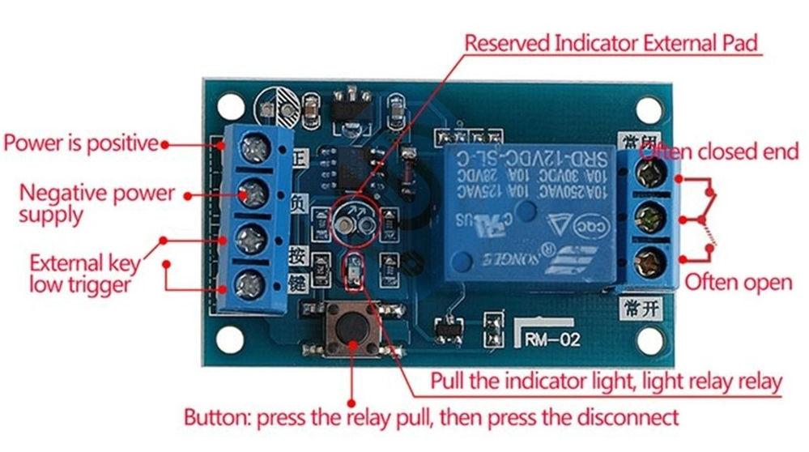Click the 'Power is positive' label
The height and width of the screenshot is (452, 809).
[80, 143]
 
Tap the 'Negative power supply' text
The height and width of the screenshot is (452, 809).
[96, 204]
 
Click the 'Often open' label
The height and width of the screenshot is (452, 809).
[738, 282]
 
